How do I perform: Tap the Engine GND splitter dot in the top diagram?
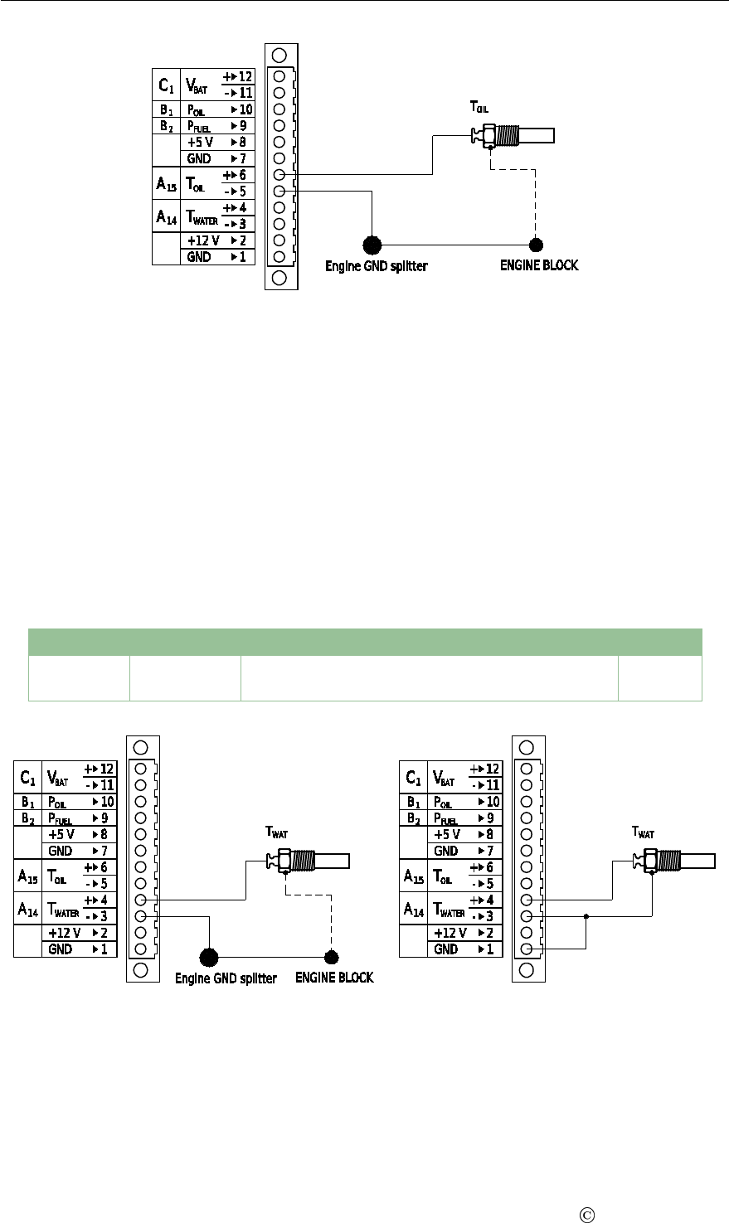pyautogui.click(x=372, y=245)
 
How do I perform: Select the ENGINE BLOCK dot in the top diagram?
pyautogui.click(x=537, y=245)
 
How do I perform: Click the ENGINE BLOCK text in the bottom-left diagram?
pyautogui.click(x=335, y=978)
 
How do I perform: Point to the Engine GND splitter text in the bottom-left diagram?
pyautogui.click(x=226, y=978)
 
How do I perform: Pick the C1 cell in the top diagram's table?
pyautogui.click(x=166, y=85)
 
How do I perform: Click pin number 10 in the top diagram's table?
pyautogui.click(x=241, y=109)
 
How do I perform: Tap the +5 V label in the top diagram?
pyautogui.click(x=199, y=142)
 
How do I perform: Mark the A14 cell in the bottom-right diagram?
pyautogui.click(x=413, y=908)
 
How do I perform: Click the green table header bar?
pyautogui.click(x=365, y=643)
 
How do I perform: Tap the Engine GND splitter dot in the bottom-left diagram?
pyautogui.click(x=210, y=958)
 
